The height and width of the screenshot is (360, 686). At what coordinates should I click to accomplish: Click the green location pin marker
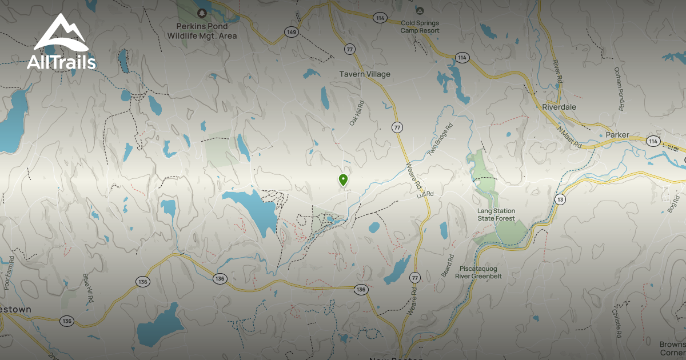[343, 180]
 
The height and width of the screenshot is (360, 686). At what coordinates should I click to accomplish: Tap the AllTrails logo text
[61, 62]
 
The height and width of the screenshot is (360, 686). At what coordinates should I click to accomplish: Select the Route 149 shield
[292, 32]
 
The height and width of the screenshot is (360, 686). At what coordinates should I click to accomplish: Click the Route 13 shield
[560, 198]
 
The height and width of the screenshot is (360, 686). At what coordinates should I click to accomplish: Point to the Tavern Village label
[365, 74]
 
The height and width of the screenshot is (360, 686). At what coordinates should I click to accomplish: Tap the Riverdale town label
[559, 107]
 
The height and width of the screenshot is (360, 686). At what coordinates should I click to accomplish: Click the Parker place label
[617, 135]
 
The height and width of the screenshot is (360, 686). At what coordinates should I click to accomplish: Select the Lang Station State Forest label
[496, 215]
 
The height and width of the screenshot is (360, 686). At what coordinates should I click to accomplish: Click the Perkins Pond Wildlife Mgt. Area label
[202, 31]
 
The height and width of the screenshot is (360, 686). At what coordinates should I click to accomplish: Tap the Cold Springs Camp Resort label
[420, 27]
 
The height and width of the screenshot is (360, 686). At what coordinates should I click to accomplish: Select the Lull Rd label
[426, 194]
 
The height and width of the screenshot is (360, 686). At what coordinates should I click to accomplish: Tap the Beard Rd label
[446, 265]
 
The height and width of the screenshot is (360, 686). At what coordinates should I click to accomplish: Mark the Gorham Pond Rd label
[619, 89]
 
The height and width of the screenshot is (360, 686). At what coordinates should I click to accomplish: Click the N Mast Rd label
[569, 138]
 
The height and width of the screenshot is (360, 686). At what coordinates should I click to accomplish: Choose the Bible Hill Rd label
[87, 289]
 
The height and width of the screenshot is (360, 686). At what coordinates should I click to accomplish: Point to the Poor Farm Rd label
[9, 272]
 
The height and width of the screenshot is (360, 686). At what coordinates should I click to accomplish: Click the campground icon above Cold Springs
[420, 10]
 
